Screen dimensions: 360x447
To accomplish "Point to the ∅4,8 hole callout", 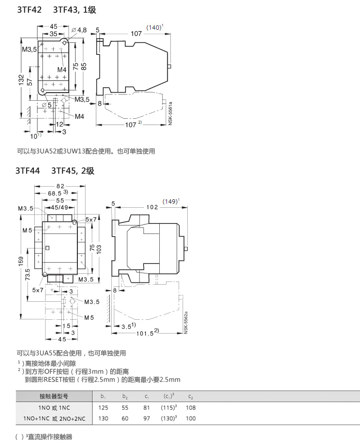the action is point(79,30).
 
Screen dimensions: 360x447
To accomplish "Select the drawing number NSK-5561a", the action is point(170,113).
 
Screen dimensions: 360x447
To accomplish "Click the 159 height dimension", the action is point(21,261).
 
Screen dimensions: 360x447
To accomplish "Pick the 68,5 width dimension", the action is point(54,193).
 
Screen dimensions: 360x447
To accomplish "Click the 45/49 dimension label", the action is point(59,208).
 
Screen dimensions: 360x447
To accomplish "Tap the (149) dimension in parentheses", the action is point(170,201).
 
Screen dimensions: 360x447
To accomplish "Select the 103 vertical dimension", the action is point(99,249).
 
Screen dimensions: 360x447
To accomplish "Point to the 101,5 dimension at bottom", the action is point(145,333).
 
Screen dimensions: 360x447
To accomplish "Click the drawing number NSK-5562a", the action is point(186,322).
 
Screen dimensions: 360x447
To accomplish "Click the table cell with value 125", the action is point(103,408).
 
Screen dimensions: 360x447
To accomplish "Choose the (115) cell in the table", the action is point(168,408).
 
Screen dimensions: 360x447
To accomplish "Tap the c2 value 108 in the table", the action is point(190,408).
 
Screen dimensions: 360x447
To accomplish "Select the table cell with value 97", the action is point(146,419).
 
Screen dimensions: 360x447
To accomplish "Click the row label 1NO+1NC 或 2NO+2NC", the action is point(54,419).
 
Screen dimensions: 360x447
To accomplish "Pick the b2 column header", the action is point(125,397).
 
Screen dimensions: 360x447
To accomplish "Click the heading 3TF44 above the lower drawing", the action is point(27,171).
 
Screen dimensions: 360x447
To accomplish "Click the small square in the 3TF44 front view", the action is point(47,248).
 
